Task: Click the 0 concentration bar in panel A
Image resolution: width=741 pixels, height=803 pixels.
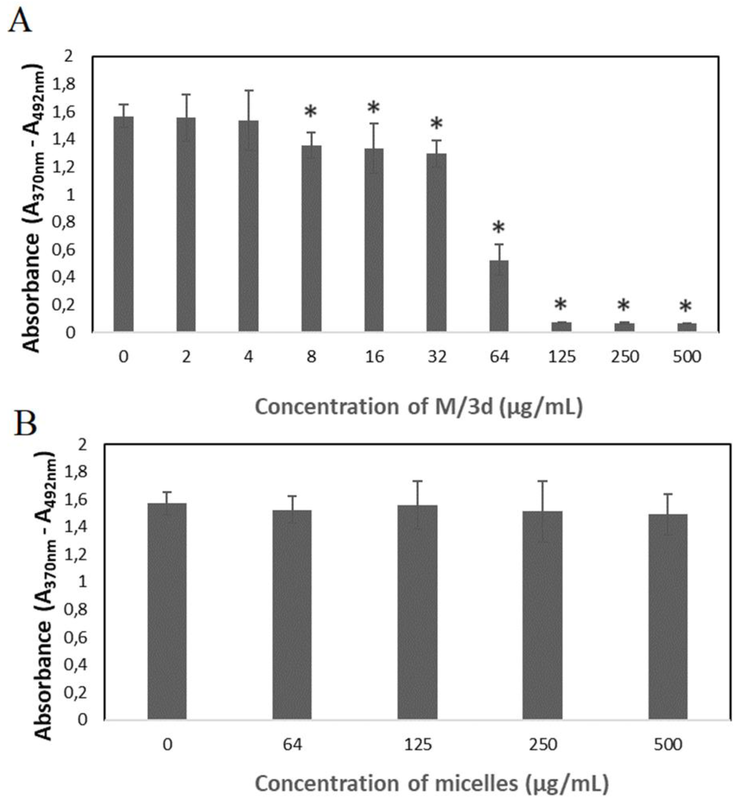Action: (124, 224)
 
